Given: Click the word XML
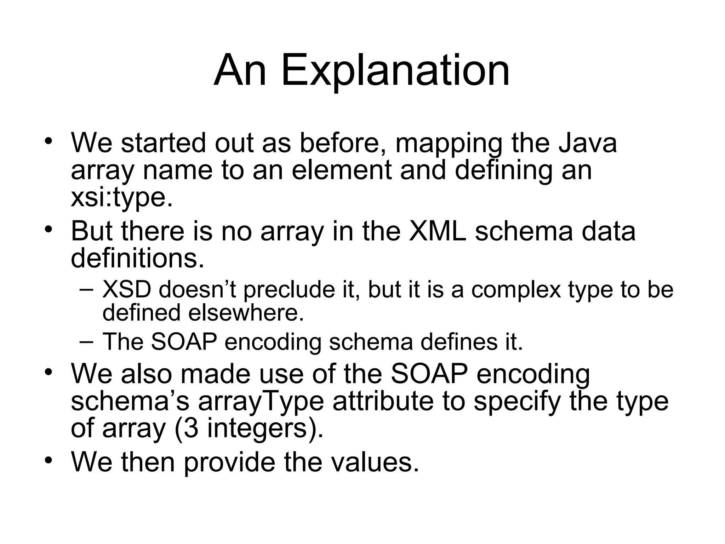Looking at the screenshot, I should point(437,231).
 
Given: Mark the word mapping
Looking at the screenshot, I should point(449,143).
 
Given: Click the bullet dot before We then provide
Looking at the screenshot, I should point(48,459).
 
